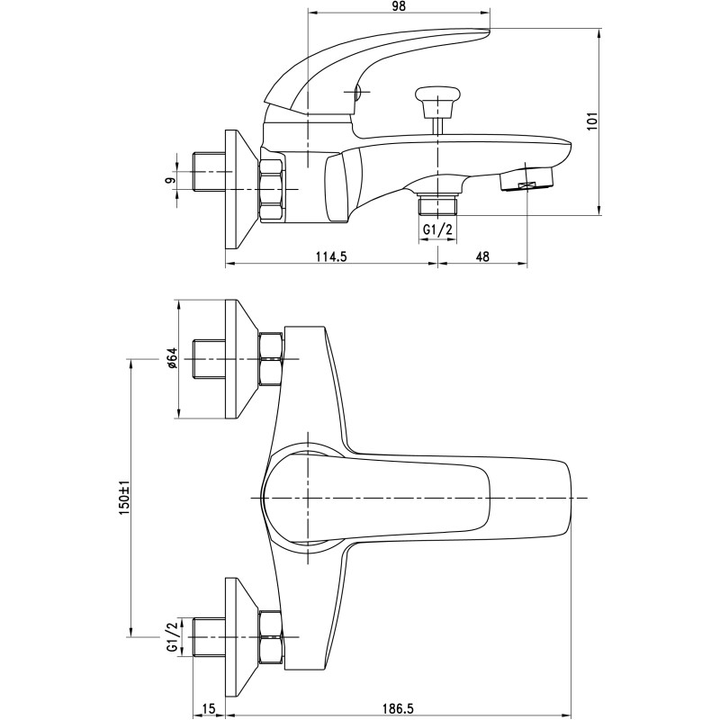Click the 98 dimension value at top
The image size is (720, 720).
tap(399, 6)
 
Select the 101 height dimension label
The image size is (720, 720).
tap(593, 121)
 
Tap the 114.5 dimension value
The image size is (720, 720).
tap(331, 256)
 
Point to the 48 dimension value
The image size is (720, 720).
tap(482, 256)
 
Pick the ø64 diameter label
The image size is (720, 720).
tap(171, 358)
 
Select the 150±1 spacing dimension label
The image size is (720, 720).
tap(124, 498)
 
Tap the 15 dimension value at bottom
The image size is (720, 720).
tap(208, 709)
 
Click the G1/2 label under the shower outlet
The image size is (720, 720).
tap(437, 229)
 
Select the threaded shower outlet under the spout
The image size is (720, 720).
tap(438, 205)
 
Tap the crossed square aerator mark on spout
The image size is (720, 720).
tap(526, 185)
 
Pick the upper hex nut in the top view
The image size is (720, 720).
tap(270, 359)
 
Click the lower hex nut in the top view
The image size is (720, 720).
tap(270, 637)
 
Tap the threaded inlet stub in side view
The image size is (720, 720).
tap(209, 172)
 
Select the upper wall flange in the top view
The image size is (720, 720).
tap(242, 359)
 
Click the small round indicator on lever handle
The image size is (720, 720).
tap(356, 93)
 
